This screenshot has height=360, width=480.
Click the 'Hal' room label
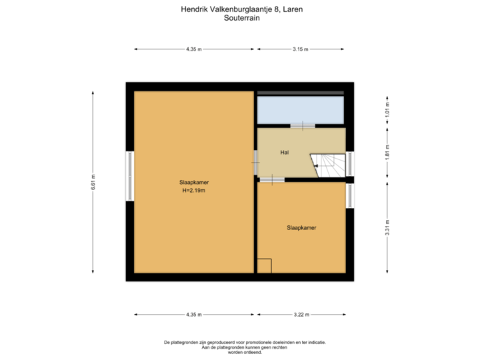pyautogui.click(x=285, y=153)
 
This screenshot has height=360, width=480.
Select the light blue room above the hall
pyautogui.click(x=301, y=110)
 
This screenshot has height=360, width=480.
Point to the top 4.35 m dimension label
pyautogui.click(x=194, y=49)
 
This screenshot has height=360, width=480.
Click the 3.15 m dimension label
pyautogui.click(x=301, y=49)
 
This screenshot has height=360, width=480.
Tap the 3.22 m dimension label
pyautogui.click(x=302, y=314)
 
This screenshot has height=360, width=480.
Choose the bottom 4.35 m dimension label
pyautogui.click(x=194, y=314)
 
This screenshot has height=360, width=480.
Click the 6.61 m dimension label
pyautogui.click(x=93, y=182)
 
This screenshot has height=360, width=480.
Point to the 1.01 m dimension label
pyautogui.click(x=387, y=109)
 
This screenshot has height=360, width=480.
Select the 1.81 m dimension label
pyautogui.click(x=387, y=153)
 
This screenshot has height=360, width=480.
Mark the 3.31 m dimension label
pyautogui.click(x=387, y=227)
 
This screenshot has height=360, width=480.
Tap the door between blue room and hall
pyautogui.click(x=302, y=125)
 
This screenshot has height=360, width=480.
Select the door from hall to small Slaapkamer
pyautogui.click(x=272, y=179)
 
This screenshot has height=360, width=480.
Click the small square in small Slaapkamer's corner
pyautogui.click(x=265, y=265)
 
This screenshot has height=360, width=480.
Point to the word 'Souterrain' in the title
pyautogui.click(x=242, y=19)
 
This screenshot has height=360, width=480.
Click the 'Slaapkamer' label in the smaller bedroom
pyautogui.click(x=301, y=227)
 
